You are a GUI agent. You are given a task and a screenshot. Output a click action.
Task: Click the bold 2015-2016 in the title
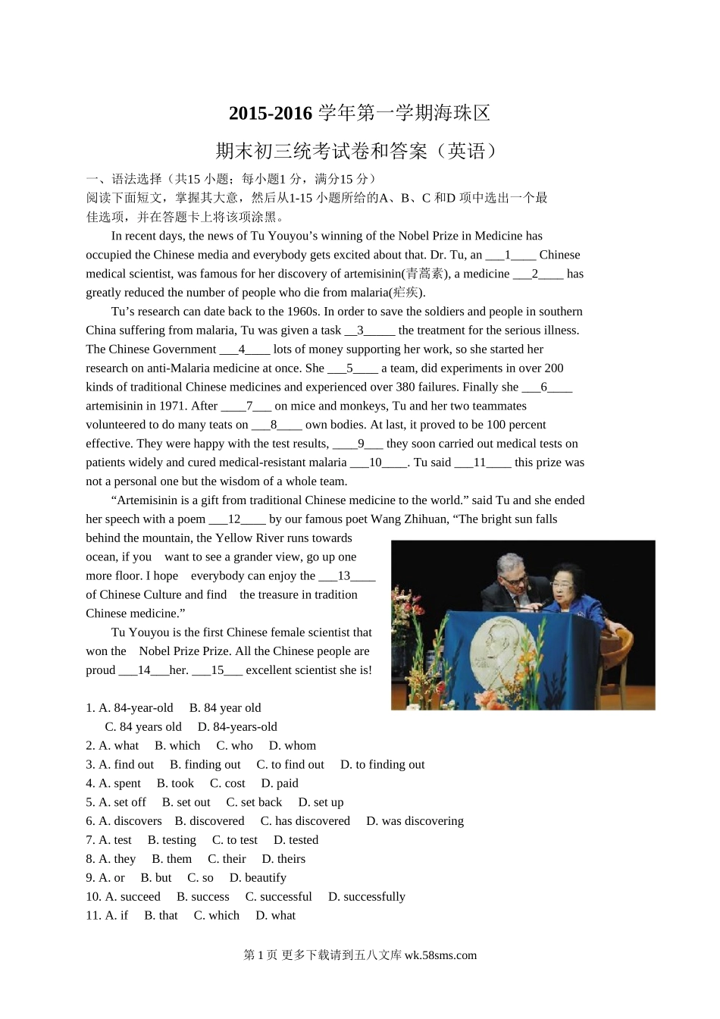pos(271,114)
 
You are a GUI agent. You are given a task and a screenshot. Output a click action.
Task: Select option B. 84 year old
pos(225,708)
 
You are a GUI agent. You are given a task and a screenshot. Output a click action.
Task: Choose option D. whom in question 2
pos(293,746)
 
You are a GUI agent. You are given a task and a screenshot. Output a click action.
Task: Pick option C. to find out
pos(290,765)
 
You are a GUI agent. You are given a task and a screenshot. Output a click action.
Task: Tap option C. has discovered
pos(305,822)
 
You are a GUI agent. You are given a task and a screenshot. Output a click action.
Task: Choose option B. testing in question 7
pos(172,841)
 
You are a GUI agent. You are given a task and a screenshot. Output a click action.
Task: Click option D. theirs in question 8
pos(283,860)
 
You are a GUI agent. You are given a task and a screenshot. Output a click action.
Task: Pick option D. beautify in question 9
pos(258,879)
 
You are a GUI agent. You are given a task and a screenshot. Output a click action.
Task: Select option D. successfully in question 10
pos(367,898)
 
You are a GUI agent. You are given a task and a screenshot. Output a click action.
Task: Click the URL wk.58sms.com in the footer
pos(440,956)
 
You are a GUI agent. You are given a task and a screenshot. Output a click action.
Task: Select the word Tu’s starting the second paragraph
pos(124,312)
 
